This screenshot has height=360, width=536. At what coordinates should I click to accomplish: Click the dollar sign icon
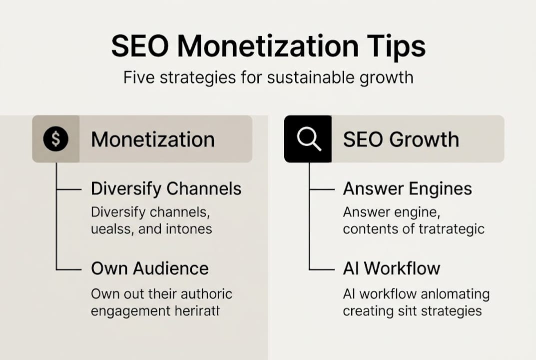(55, 139)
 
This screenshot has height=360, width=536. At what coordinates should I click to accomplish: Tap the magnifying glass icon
(308, 139)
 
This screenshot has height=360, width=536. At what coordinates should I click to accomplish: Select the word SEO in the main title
(140, 47)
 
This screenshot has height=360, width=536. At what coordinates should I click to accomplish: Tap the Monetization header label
(153, 139)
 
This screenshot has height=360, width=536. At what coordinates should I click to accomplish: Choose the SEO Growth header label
(401, 139)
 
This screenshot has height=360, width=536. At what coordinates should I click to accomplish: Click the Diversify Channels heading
(166, 189)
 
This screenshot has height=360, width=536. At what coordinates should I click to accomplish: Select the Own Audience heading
(150, 268)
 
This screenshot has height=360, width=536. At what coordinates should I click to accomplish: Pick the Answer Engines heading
(408, 189)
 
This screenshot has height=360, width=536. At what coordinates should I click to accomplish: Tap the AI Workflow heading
(392, 268)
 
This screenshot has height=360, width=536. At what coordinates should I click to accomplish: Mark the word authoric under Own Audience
(206, 294)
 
